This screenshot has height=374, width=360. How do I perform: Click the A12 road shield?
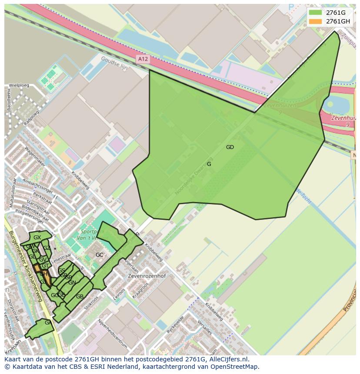tap(143, 59)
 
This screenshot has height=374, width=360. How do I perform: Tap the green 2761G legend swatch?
tap(315, 13)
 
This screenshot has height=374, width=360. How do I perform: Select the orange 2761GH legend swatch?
tap(315, 21)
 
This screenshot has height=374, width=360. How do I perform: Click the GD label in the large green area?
tap(230, 147)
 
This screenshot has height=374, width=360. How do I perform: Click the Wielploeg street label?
tap(19, 85)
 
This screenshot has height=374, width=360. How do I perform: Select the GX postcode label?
tap(37, 238)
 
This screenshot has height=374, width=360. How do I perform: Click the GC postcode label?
tap(100, 255)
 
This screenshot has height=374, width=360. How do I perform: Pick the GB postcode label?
tap(80, 297)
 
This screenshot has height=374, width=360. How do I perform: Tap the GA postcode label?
tap(48, 322)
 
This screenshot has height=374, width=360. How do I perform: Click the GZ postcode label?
tap(47, 248)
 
